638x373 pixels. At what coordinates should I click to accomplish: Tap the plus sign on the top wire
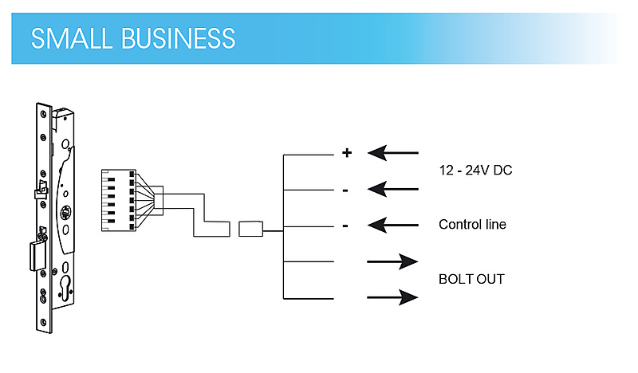[x=347, y=153]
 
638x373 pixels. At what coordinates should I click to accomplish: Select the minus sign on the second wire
[x=345, y=190]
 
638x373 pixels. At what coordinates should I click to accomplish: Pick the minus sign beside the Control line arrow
[x=345, y=226]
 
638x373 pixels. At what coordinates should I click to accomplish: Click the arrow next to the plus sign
[x=392, y=152]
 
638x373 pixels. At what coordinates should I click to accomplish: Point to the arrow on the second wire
[x=392, y=190]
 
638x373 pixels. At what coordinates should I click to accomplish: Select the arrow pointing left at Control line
[x=392, y=226]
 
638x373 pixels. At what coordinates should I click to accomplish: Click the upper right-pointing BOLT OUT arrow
[x=392, y=261]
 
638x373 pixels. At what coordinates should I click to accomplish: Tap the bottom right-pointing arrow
[x=392, y=298]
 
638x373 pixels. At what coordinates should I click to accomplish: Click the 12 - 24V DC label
[x=476, y=171]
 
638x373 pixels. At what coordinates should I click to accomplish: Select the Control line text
[x=472, y=225]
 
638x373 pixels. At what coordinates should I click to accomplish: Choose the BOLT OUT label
[x=471, y=280]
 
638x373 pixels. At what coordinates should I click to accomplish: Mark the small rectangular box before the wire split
[x=249, y=230]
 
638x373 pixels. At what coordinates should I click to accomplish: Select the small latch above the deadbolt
[x=39, y=191]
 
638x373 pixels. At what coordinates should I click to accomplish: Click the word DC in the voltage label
[x=502, y=171]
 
